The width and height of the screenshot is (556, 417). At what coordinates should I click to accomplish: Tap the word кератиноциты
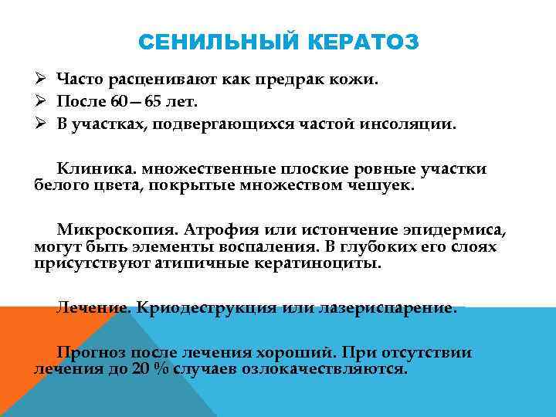317,263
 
